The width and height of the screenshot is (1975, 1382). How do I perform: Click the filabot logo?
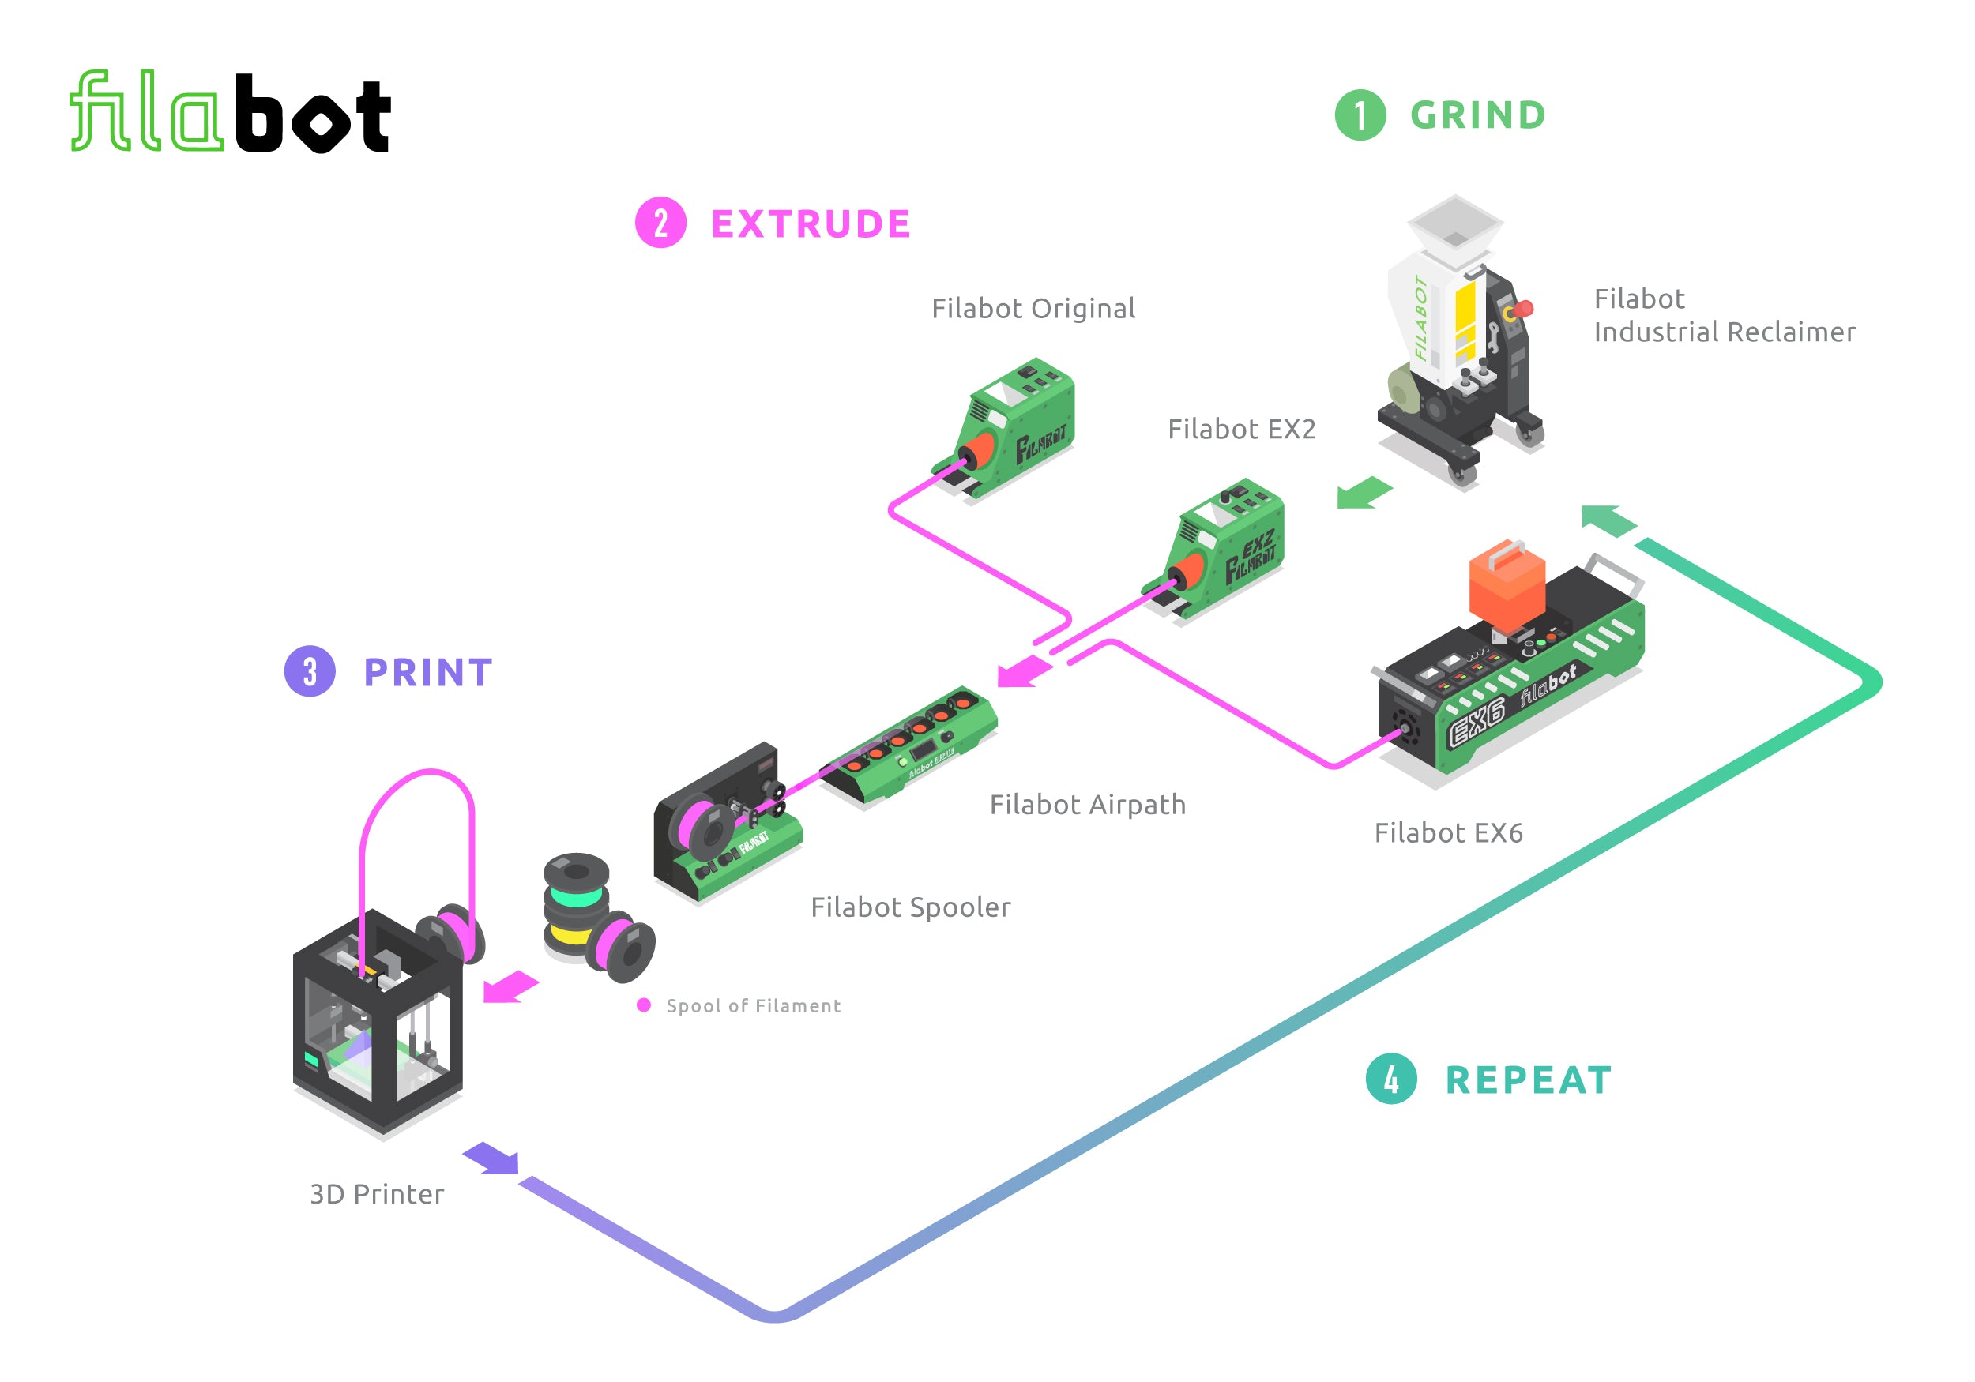point(230,113)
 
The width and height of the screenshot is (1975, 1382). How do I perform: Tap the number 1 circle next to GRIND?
point(1360,115)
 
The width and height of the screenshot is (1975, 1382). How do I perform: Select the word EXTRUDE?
point(811,224)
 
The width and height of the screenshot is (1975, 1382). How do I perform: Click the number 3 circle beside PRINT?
point(310,671)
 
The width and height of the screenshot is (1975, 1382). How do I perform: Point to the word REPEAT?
point(1529,1080)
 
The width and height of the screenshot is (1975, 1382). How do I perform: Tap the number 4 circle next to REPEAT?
point(1391,1080)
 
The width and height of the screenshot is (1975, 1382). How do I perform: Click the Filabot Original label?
point(1033,308)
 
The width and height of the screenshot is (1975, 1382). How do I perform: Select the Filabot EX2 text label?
point(1241,428)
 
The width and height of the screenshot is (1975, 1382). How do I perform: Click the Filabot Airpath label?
point(1087,804)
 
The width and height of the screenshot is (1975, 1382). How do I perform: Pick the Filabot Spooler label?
point(910,907)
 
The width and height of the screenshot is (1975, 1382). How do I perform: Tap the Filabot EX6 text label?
point(1449,832)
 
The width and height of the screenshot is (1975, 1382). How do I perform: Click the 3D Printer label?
point(377,1194)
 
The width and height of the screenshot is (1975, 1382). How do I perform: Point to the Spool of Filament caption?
point(754,1005)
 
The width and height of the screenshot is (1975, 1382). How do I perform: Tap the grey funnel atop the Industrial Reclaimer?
point(1454,223)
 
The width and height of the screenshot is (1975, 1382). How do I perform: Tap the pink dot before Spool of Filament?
point(643,1005)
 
